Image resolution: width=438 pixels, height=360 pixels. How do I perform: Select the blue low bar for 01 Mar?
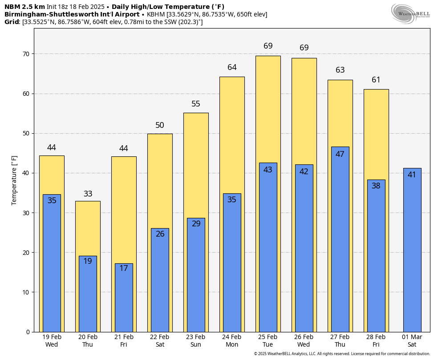point(412,254)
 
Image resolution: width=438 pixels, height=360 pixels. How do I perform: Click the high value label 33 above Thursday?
point(88,194)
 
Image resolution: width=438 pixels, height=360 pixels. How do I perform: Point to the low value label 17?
point(124,268)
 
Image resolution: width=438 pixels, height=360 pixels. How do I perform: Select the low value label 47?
point(340,154)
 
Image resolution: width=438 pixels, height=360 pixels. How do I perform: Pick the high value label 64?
point(232,67)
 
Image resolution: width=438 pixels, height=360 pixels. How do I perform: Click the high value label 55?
point(196,104)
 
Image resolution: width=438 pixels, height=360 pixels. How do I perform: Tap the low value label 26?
point(160,234)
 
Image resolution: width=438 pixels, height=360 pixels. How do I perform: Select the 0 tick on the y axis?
point(28,332)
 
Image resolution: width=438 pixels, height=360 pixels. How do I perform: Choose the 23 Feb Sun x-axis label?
point(196,341)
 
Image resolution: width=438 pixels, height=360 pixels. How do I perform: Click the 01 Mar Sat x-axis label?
point(412,341)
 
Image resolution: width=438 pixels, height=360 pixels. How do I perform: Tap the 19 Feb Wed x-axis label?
point(52,341)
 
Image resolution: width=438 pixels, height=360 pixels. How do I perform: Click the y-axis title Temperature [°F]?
point(14,180)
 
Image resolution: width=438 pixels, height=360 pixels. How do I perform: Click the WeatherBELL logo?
point(410,13)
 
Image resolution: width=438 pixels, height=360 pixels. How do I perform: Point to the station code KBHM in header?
point(156,14)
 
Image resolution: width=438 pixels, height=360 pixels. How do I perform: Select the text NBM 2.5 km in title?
point(24,7)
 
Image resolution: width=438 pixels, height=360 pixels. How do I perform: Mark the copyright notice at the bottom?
point(342,354)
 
